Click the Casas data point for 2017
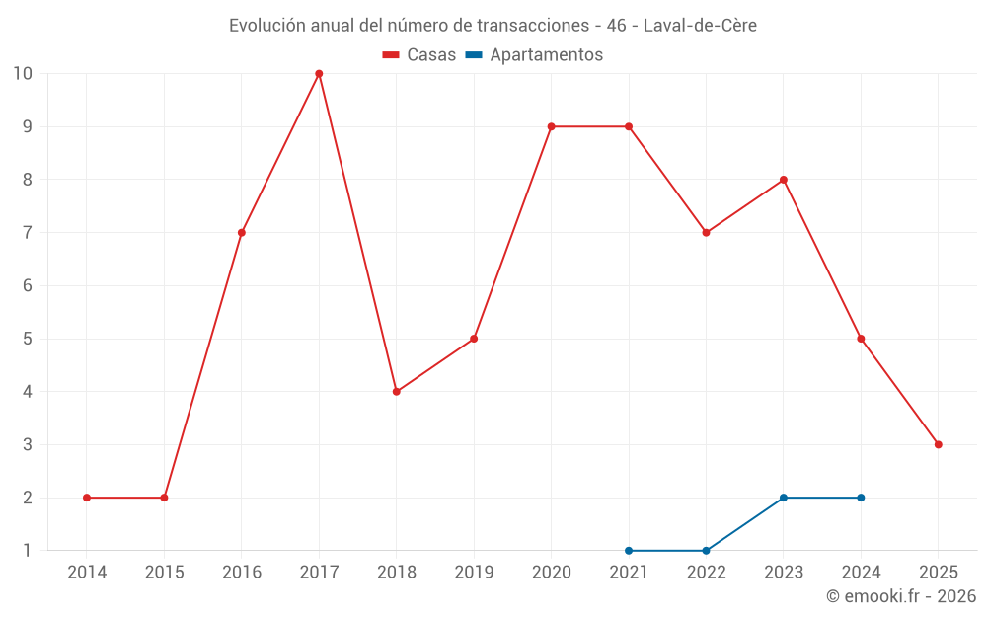point(319,74)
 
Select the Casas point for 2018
point(397,392)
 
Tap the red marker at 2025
point(938,444)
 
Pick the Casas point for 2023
point(784,180)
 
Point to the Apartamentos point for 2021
point(629,551)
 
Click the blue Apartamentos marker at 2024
point(861,498)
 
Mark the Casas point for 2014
point(87,498)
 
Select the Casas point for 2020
point(551,126)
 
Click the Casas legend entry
point(419,55)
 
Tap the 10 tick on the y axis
point(22,74)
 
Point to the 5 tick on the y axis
point(27,339)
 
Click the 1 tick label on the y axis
point(27,551)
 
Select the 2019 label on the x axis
point(474,573)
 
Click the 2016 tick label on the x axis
point(242,573)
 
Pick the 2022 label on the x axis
point(706,573)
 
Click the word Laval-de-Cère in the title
point(700,26)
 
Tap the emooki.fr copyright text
point(900,596)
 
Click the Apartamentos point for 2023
point(784,498)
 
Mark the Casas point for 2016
point(242,233)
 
